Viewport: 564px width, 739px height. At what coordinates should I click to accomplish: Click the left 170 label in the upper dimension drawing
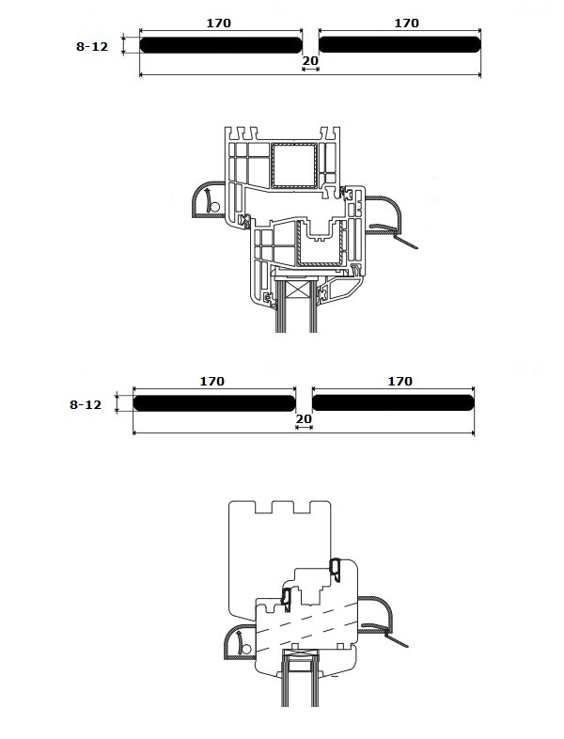click(x=219, y=23)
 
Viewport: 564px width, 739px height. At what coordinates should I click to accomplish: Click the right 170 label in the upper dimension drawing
click(x=407, y=23)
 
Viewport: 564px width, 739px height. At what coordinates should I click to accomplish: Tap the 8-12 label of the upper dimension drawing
click(x=92, y=46)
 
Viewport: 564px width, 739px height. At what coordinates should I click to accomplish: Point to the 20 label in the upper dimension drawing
click(x=310, y=61)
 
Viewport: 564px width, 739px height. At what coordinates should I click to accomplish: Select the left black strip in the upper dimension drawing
click(x=221, y=45)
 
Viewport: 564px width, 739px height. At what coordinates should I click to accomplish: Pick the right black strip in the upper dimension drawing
click(x=399, y=45)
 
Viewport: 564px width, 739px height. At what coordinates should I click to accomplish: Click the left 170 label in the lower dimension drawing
click(x=212, y=381)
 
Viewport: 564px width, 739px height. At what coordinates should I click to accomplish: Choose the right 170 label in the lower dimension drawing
click(x=400, y=381)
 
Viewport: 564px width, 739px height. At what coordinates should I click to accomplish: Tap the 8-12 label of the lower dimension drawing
click(x=86, y=404)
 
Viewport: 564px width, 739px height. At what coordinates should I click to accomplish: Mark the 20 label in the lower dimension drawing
click(x=304, y=419)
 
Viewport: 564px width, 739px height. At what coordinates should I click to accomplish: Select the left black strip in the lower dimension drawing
click(x=214, y=403)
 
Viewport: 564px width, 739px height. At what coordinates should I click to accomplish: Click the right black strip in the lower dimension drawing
click(x=393, y=403)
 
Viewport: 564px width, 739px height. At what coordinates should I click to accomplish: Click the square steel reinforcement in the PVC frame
click(x=294, y=165)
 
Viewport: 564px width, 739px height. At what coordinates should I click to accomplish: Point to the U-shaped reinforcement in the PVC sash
click(x=320, y=244)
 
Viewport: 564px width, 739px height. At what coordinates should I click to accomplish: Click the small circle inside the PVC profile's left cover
click(x=215, y=207)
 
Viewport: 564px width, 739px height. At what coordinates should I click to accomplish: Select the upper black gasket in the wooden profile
click(x=336, y=568)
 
